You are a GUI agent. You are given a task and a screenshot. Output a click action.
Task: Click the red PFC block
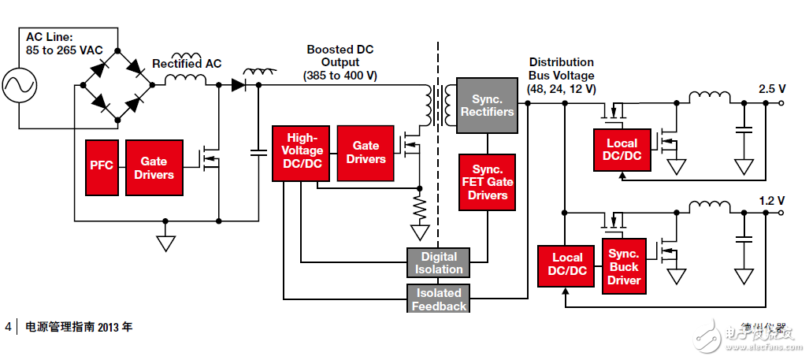point(102,166)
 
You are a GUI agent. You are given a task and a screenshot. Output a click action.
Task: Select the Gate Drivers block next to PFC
point(154,167)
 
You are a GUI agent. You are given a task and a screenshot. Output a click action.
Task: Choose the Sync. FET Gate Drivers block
point(488,182)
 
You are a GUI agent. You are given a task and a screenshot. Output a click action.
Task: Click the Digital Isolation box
point(438,262)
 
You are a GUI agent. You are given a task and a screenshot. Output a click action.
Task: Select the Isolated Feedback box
point(438,299)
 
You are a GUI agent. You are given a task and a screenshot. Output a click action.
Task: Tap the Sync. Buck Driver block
point(624,267)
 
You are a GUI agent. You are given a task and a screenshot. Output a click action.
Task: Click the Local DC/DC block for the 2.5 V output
point(622,150)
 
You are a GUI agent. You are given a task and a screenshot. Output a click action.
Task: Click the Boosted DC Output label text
point(340,62)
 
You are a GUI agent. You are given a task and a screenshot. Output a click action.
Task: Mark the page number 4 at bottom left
point(9,327)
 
